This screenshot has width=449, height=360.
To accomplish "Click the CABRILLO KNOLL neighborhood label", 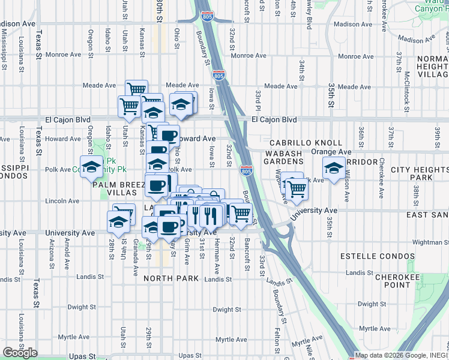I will click(x=306, y=143).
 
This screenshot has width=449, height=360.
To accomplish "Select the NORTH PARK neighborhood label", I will click(x=166, y=278).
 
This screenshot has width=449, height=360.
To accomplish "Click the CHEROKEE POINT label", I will click(x=400, y=281).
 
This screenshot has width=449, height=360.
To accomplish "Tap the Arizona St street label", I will click(x=52, y=253).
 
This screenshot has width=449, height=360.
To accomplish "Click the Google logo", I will click(x=20, y=353).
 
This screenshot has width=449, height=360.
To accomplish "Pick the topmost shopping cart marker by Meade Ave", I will click(x=136, y=89).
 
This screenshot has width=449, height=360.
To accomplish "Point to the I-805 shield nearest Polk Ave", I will click(x=246, y=170).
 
